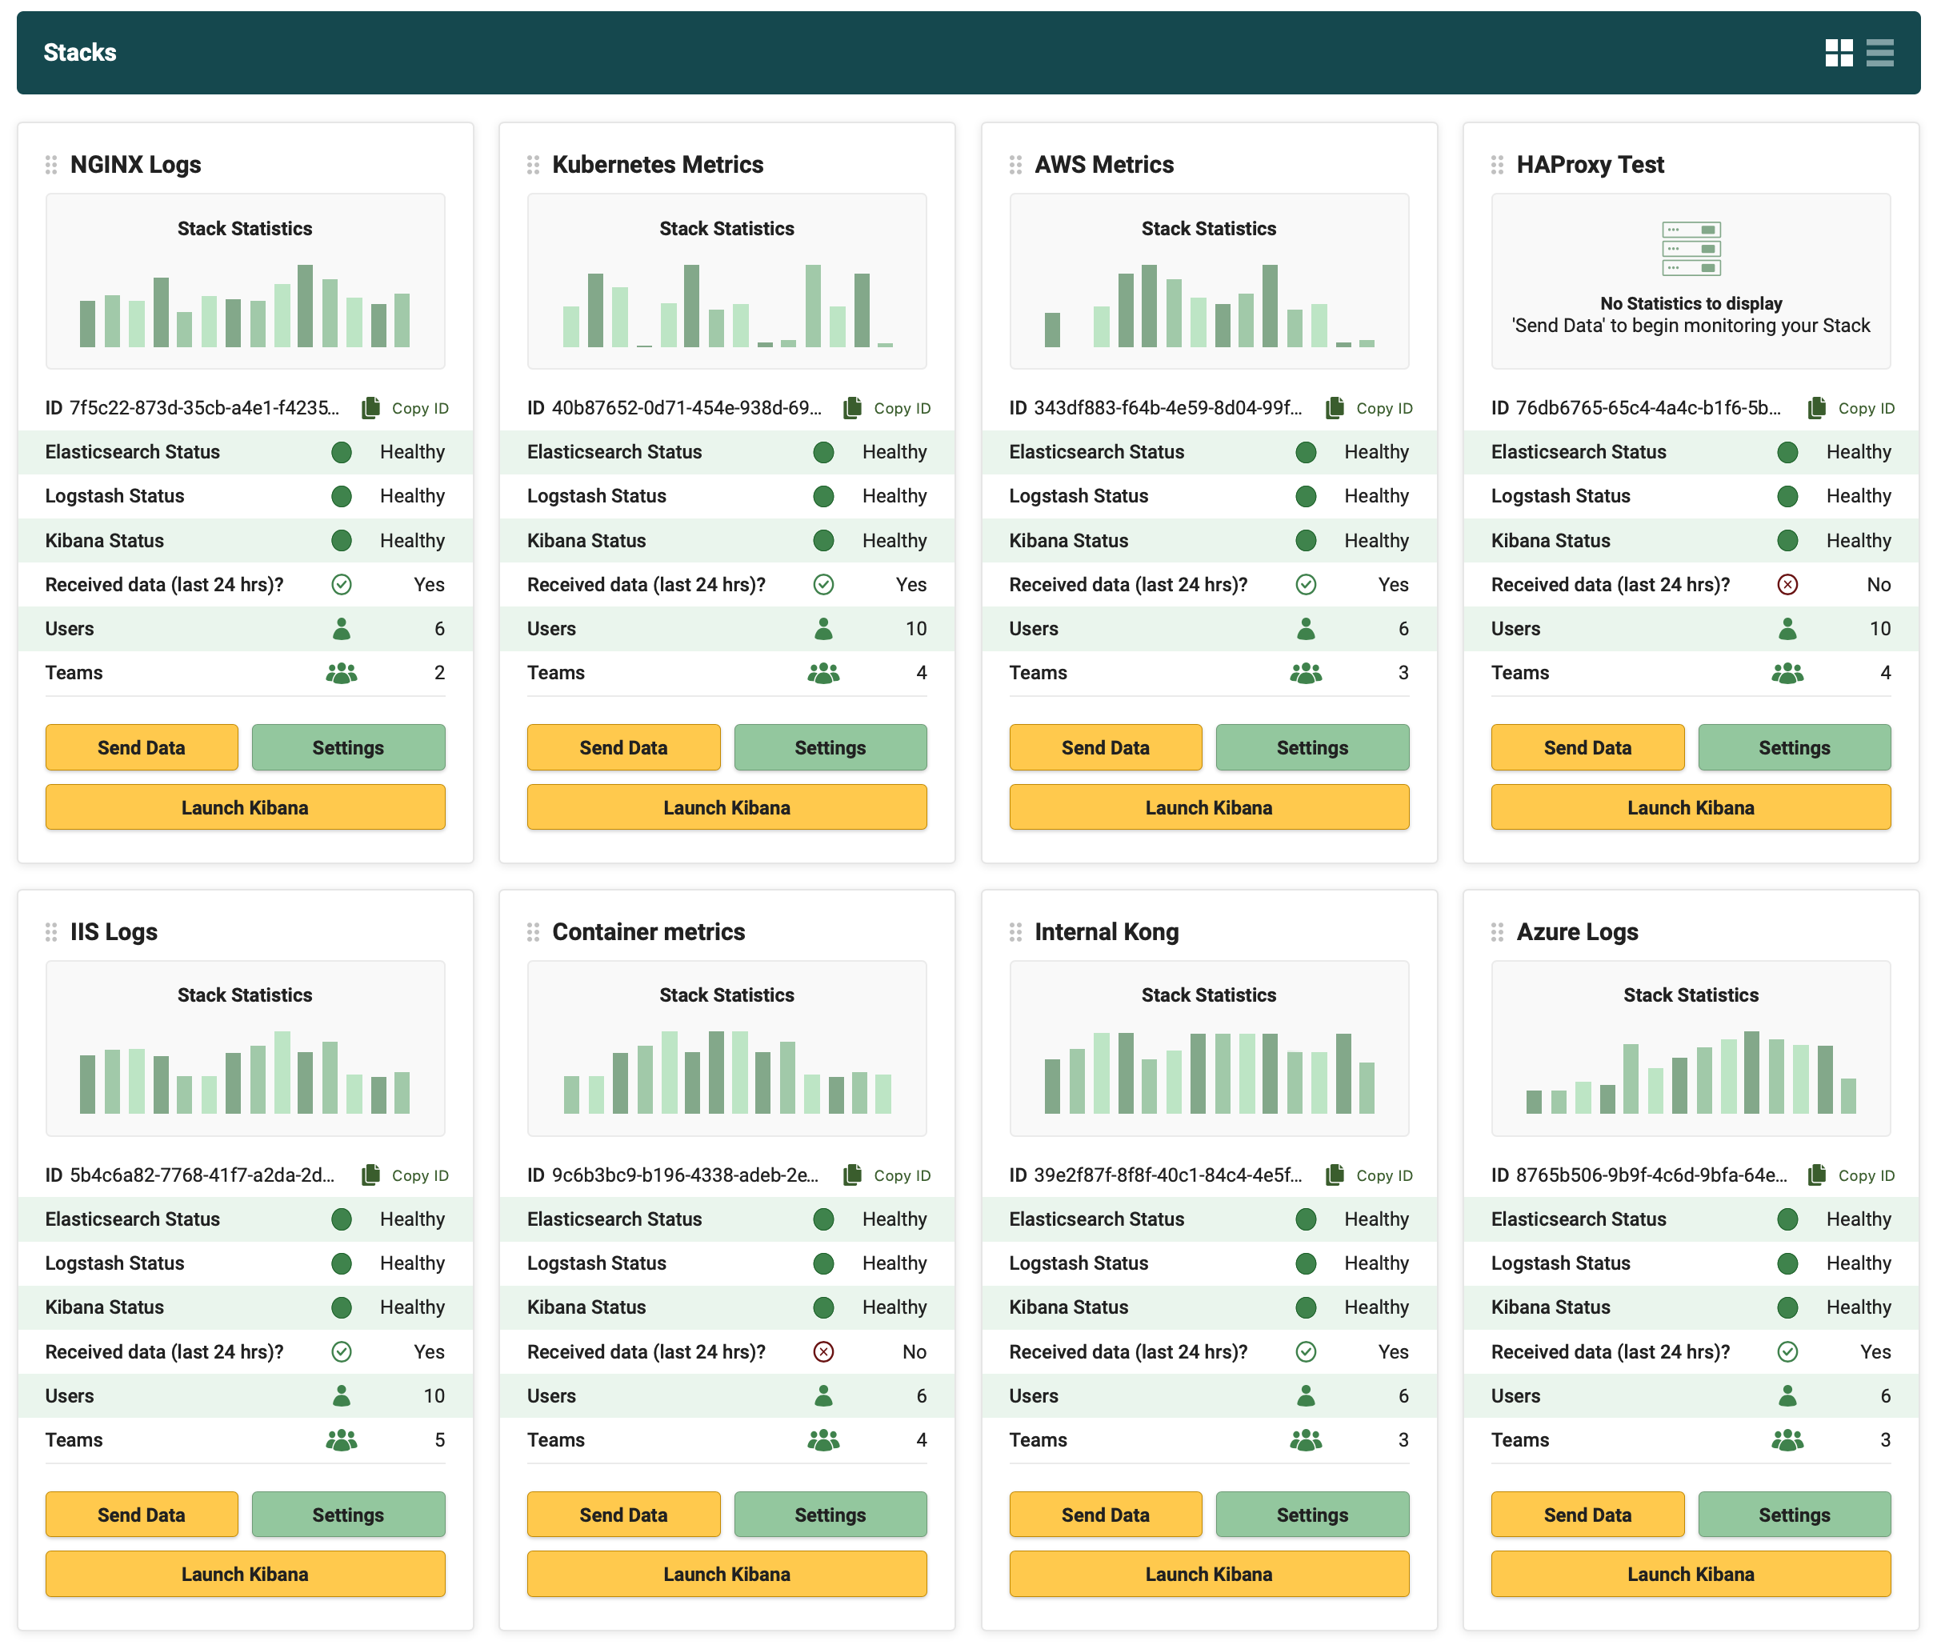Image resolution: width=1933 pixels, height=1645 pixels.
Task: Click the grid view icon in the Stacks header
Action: [x=1838, y=53]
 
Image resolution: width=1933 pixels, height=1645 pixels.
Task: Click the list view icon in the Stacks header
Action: [x=1879, y=53]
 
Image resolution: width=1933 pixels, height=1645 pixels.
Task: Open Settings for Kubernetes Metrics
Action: [x=829, y=747]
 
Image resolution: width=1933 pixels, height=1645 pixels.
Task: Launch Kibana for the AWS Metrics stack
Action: [x=1207, y=806]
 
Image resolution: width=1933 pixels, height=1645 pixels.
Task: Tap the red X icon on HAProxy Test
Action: [x=1787, y=585]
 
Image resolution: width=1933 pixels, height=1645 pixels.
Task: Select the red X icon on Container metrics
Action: [x=822, y=1351]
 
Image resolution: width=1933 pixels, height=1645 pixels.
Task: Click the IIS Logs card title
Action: [x=114, y=931]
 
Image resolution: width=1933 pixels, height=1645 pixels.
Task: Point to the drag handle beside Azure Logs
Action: [x=1497, y=931]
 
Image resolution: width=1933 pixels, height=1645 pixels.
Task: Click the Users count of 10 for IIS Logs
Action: [x=434, y=1396]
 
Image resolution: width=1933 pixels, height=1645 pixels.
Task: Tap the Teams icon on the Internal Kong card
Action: [x=1306, y=1440]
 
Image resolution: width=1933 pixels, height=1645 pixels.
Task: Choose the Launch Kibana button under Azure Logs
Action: [x=1690, y=1574]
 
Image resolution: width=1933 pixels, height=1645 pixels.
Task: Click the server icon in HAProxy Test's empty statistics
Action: [x=1691, y=249]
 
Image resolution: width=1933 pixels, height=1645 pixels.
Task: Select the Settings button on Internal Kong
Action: [x=1311, y=1515]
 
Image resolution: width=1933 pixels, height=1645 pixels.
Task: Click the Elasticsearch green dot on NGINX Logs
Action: [x=342, y=452]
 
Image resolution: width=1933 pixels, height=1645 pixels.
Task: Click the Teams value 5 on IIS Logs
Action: [x=439, y=1440]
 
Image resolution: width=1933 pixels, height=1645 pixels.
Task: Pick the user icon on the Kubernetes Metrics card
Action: [x=822, y=630]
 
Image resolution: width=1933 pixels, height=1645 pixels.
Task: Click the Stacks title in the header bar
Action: [x=80, y=52]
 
